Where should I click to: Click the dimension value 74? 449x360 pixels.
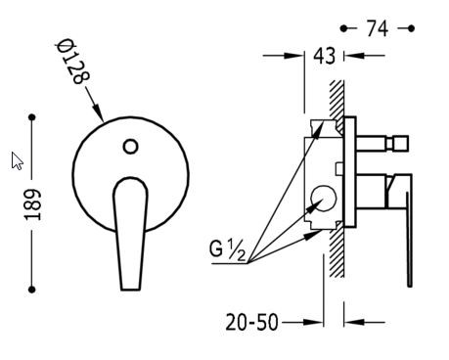coord(378,28)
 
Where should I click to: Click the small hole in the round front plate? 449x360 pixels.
coord(131,146)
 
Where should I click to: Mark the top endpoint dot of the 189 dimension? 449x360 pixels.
coord(32,117)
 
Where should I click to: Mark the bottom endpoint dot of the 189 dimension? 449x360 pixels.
coord(32,289)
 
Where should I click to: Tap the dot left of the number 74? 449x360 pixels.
coord(344,28)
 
